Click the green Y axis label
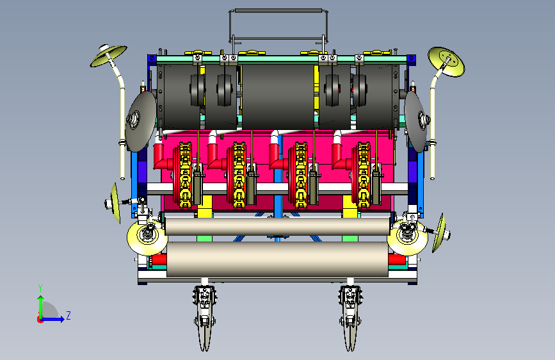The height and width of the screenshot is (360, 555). (40, 288)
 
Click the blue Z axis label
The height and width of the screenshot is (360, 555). (68, 315)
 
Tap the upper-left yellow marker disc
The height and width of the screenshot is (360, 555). (108, 56)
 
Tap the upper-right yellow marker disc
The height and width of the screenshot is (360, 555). (446, 61)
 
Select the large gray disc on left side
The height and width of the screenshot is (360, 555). (141, 121)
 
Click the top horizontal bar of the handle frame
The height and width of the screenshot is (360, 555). (278, 11)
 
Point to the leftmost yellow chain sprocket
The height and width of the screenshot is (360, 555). (185, 175)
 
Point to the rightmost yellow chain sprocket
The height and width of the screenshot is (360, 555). (364, 175)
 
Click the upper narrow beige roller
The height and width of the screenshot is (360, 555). (278, 226)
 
